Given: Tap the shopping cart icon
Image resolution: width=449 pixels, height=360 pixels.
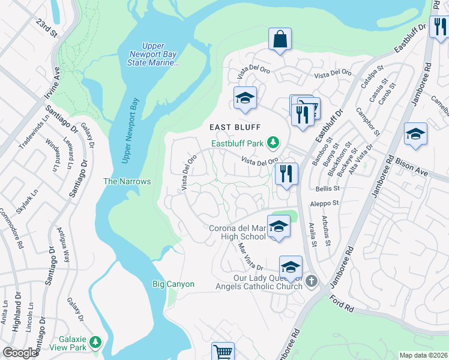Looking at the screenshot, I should tap(223, 352).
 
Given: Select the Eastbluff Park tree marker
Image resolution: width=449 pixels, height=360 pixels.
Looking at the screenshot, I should tap(274, 142).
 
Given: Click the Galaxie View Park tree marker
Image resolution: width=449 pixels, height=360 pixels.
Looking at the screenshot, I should tap(95, 343).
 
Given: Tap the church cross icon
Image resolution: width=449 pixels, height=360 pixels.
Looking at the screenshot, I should tap(311, 281).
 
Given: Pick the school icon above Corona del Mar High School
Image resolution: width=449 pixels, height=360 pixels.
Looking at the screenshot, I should tap(279, 226).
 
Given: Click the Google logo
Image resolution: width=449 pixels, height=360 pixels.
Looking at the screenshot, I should tap(20, 353).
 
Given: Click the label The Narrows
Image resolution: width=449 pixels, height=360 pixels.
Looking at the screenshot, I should tap(127, 181).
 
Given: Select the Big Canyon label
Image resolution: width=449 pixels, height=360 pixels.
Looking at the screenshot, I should tap(173, 284).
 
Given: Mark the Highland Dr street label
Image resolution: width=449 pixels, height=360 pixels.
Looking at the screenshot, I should tap(17, 316).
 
